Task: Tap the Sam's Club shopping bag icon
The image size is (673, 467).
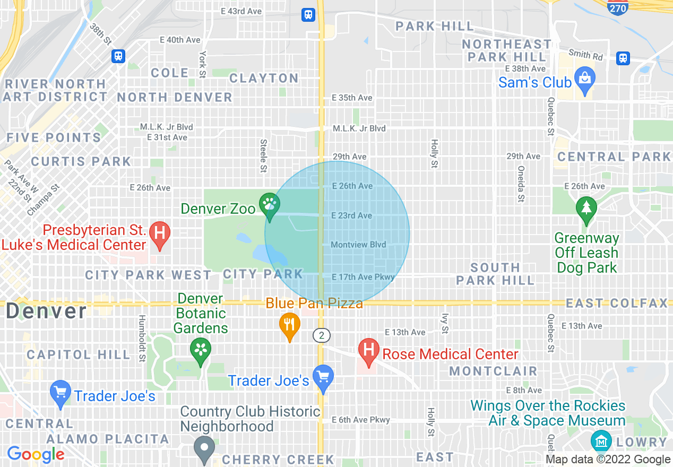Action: click(x=584, y=78)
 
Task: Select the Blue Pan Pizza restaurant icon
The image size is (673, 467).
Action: click(x=289, y=323)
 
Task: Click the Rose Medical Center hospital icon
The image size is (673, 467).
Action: click(x=368, y=350)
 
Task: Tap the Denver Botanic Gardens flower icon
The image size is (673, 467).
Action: click(x=201, y=349)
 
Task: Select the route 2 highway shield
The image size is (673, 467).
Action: click(x=321, y=335)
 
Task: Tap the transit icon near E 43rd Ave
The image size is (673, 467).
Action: click(x=308, y=15)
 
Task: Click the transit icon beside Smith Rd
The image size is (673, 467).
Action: click(x=623, y=58)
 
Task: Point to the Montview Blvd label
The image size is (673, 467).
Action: click(x=358, y=245)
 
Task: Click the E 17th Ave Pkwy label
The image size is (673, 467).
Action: click(x=363, y=277)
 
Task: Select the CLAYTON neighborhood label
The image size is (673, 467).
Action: click(x=264, y=78)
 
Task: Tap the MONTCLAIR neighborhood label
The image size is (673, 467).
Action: click(x=493, y=371)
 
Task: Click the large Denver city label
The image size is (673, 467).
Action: click(x=46, y=311)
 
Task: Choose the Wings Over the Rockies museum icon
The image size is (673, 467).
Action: click(x=601, y=440)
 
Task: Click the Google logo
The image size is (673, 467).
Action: click(x=36, y=454)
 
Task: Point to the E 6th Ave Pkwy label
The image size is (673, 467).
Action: click(x=361, y=420)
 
